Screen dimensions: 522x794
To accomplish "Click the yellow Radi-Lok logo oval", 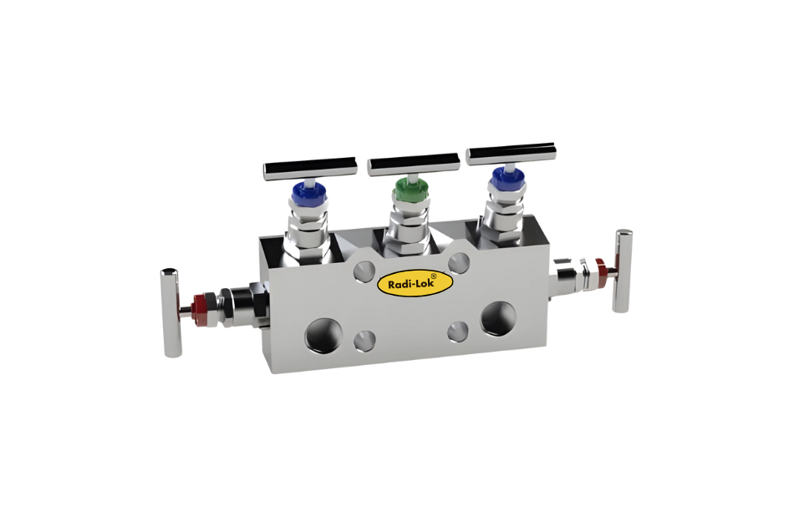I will tap(415, 282).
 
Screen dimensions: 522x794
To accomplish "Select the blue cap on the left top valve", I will tap(308, 195).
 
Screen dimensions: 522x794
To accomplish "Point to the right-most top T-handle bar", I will tap(511, 154).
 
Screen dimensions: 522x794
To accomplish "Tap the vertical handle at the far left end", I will tap(171, 313).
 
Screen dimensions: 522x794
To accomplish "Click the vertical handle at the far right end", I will tap(622, 271).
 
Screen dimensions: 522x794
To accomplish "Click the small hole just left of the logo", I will tap(364, 270).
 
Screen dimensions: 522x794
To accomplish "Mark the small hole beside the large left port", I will tap(364, 339).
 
